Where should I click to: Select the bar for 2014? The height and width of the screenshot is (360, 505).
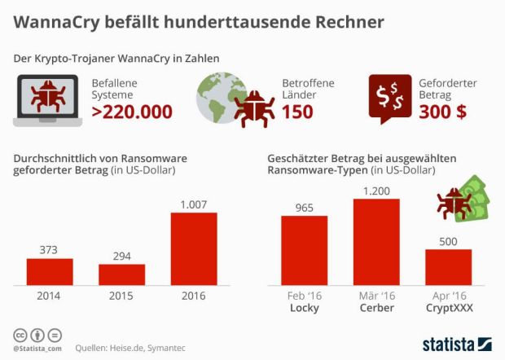click(x=50, y=270)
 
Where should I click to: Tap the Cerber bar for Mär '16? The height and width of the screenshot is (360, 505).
click(x=376, y=240)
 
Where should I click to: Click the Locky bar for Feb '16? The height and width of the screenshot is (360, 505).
click(x=304, y=248)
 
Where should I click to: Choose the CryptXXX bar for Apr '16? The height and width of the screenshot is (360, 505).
click(x=448, y=266)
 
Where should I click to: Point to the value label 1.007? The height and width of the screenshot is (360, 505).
click(x=193, y=204)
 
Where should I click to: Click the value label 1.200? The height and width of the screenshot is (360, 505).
click(x=376, y=191)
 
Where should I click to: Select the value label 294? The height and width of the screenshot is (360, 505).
click(x=121, y=256)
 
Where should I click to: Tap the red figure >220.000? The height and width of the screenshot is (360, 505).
click(x=131, y=112)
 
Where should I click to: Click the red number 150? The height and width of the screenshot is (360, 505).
click(x=296, y=112)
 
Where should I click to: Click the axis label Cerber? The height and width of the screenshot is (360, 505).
click(x=376, y=310)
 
